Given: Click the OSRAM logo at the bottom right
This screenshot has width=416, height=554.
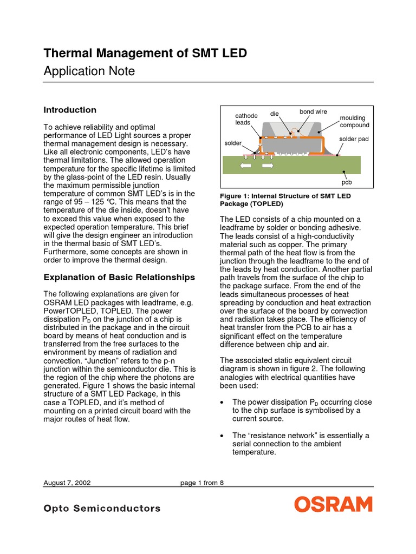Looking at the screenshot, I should (333, 505).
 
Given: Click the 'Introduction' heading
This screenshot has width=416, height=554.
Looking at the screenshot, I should (69, 110).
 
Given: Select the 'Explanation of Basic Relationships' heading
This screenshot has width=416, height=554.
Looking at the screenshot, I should (119, 278).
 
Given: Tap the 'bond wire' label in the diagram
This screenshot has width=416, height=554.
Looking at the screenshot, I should (313, 112).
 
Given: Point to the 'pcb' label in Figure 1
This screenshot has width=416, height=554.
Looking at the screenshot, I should (347, 182).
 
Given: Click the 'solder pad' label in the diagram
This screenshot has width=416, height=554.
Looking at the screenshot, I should (354, 139).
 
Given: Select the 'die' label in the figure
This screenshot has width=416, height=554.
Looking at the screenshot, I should (274, 114).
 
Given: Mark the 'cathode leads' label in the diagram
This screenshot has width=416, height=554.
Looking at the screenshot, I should (244, 119).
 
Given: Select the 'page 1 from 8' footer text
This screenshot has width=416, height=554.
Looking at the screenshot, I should (201, 483).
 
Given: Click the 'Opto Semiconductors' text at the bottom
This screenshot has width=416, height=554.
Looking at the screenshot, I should (102, 508).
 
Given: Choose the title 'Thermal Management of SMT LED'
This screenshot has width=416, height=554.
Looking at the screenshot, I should (145, 53).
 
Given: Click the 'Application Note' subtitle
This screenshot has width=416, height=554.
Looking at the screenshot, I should (89, 71).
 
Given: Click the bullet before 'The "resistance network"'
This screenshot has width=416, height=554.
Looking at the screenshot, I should (223, 436).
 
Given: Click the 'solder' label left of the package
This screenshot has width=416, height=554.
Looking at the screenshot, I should (233, 143).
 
